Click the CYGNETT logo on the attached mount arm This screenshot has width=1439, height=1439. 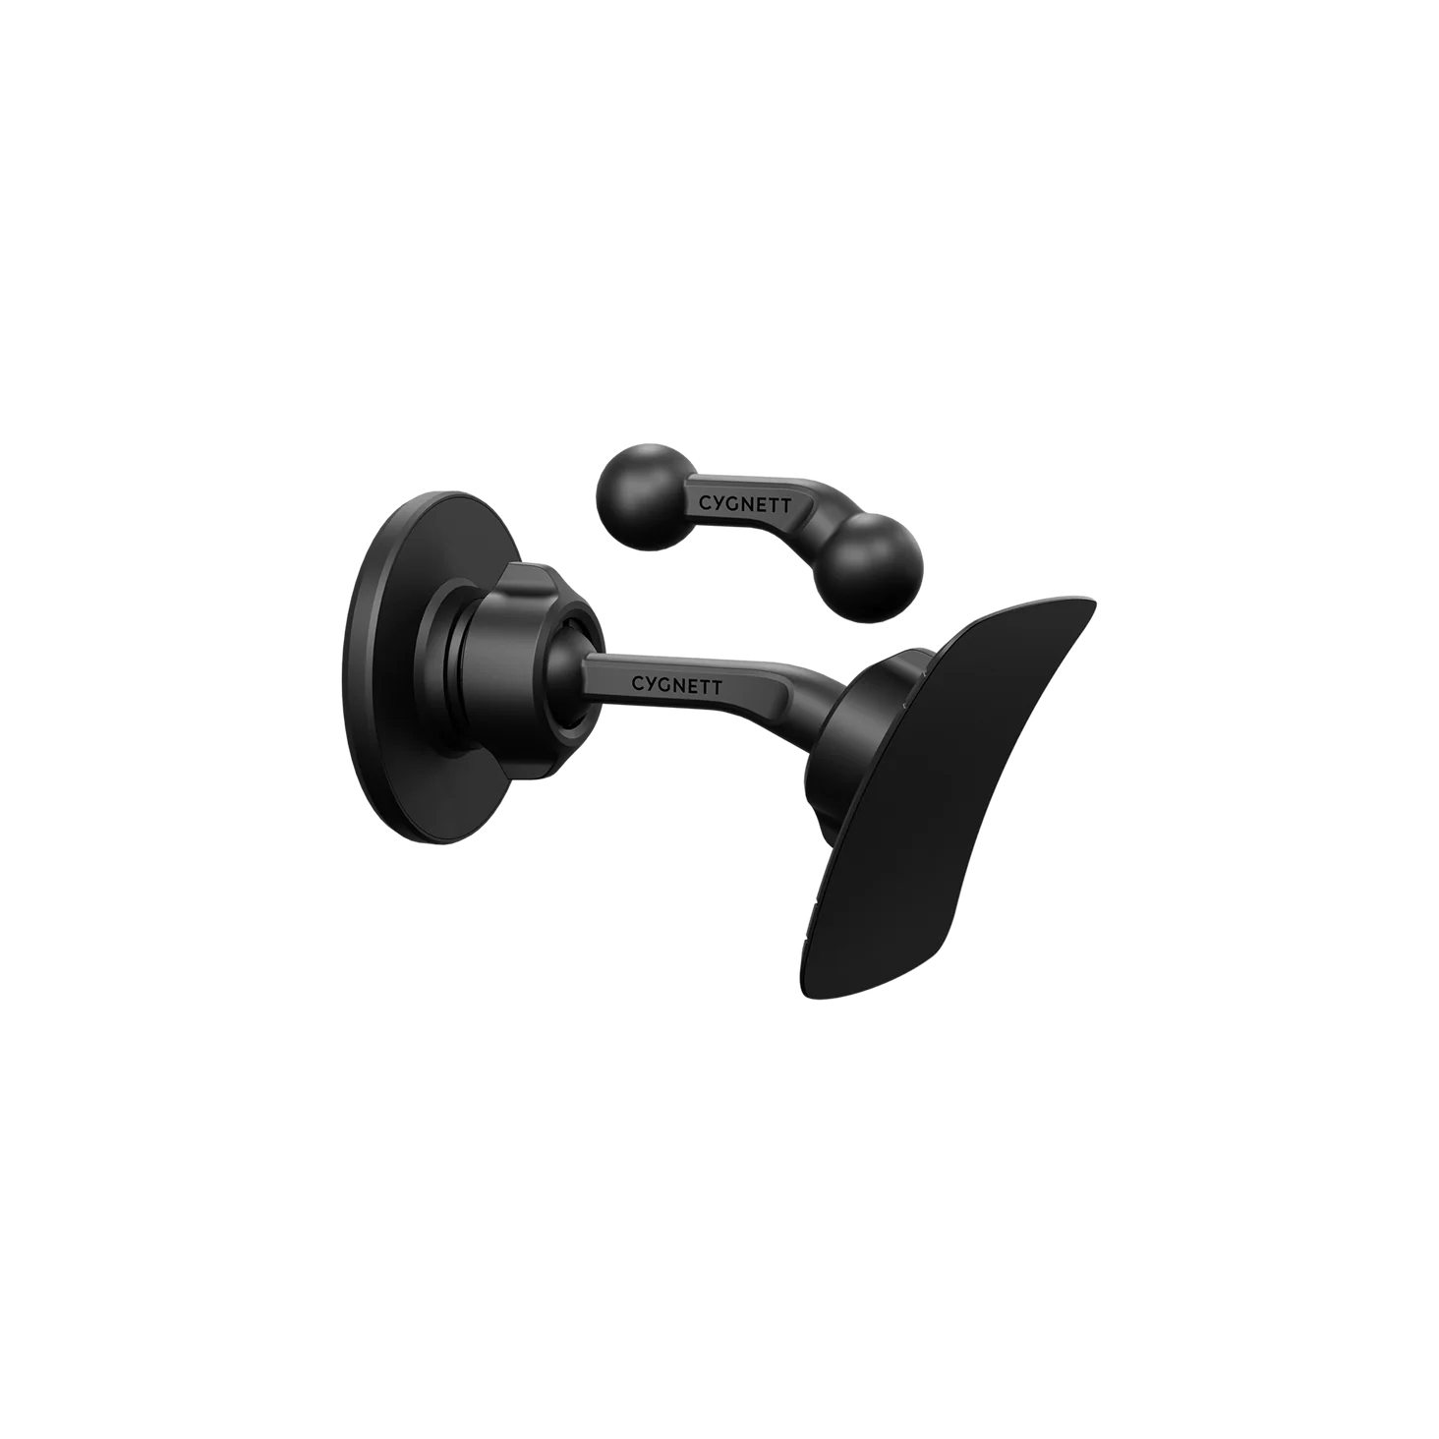(676, 683)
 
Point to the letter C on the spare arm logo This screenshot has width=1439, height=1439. (704, 501)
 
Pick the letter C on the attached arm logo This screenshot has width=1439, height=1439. (638, 681)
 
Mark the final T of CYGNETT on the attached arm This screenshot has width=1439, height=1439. (717, 687)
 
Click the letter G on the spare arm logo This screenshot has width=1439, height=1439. (729, 503)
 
